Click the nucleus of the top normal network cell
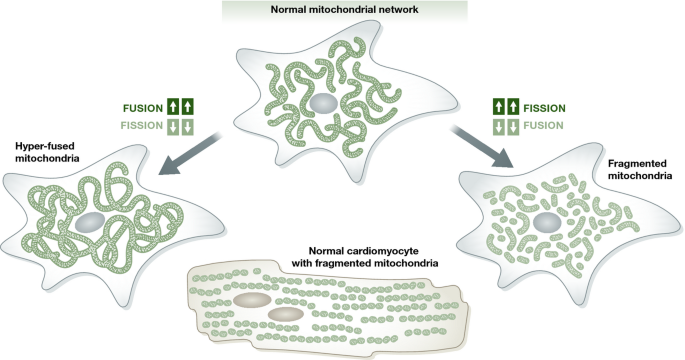pyautogui.click(x=322, y=104)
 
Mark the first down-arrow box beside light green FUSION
pyautogui.click(x=503, y=127)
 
